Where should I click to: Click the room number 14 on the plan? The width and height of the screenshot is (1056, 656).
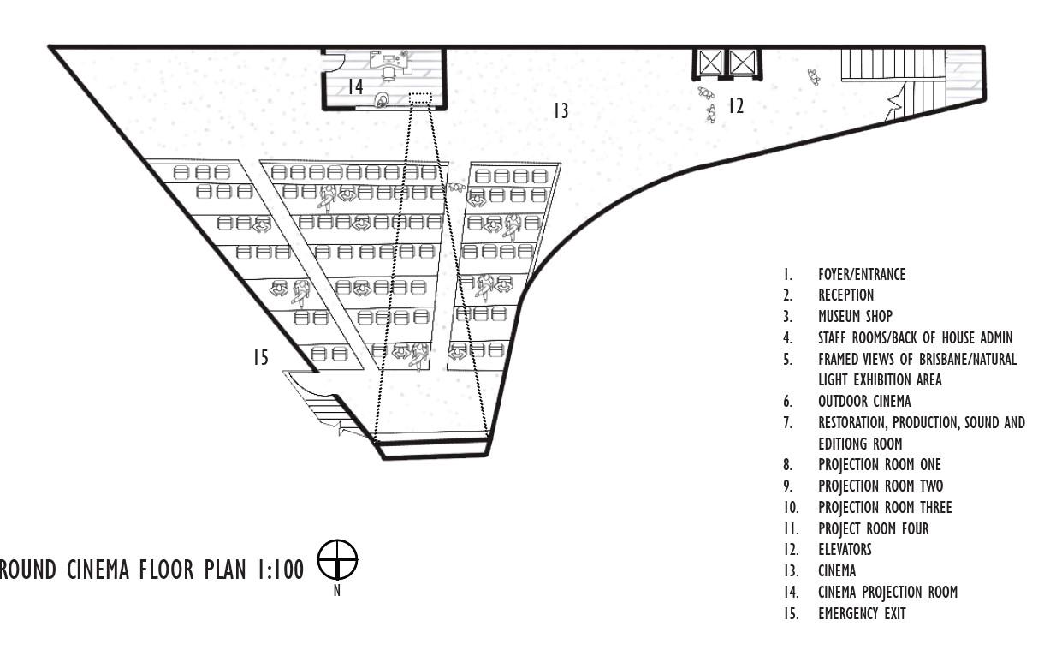pos(355,86)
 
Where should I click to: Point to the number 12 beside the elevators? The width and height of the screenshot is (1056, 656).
pos(736,105)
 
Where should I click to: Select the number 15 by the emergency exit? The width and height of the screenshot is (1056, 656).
pos(260,357)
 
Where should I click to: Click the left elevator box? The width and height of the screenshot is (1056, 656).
pos(709,63)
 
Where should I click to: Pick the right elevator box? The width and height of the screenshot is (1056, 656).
pos(741,63)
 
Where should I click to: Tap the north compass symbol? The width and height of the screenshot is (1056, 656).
pos(336,561)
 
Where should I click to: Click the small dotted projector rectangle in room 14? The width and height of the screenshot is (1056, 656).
pos(419,98)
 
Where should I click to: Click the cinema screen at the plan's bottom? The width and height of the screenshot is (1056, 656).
pos(433,449)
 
